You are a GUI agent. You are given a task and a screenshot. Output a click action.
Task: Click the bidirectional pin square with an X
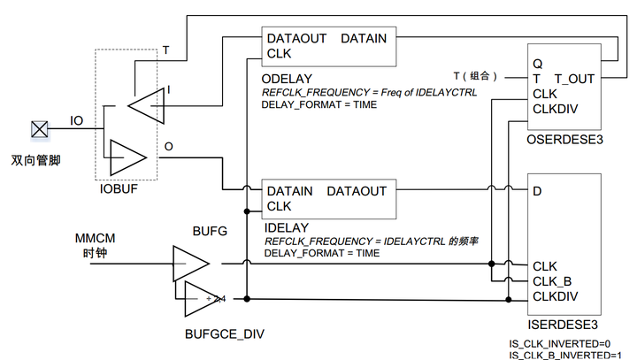pyautogui.click(x=40, y=130)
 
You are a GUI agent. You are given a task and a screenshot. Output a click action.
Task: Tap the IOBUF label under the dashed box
pyautogui.click(x=119, y=189)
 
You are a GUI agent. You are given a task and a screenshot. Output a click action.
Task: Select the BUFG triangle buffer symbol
pyautogui.click(x=191, y=264)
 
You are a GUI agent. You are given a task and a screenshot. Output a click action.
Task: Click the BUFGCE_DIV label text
pyautogui.click(x=224, y=334)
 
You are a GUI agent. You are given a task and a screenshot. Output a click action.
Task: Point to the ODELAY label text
pyautogui.click(x=287, y=79)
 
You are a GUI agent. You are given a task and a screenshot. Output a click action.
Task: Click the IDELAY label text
pyautogui.click(x=287, y=228)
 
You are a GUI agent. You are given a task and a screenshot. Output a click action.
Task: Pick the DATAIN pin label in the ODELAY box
pyautogui.click(x=364, y=39)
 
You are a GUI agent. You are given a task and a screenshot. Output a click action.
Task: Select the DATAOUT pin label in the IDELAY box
pyautogui.click(x=357, y=191)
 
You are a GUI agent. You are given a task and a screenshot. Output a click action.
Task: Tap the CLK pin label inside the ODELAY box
pyautogui.click(x=279, y=54)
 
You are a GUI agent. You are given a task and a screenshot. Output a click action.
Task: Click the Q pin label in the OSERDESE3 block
pyautogui.click(x=538, y=64)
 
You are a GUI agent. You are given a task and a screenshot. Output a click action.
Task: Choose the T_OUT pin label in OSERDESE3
pyautogui.click(x=574, y=79)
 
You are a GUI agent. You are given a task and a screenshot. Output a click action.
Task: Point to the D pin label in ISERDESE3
pyautogui.click(x=537, y=191)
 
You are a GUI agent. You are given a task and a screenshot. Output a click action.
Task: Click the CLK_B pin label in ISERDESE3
pyautogui.click(x=552, y=281)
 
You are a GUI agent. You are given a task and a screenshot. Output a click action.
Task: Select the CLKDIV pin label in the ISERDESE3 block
pyautogui.click(x=555, y=296)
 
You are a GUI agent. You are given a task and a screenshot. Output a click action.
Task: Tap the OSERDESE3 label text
pyautogui.click(x=564, y=140)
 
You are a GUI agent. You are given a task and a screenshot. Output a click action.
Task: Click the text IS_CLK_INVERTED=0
pyautogui.click(x=560, y=344)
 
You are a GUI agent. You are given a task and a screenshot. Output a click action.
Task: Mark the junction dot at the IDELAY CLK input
pyautogui.click(x=247, y=211)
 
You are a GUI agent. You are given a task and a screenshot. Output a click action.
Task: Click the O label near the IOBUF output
pyautogui.click(x=169, y=147)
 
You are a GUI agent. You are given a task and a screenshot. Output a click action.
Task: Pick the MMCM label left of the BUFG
pyautogui.click(x=95, y=238)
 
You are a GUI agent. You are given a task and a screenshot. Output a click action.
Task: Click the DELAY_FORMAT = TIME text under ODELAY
pyautogui.click(x=319, y=105)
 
